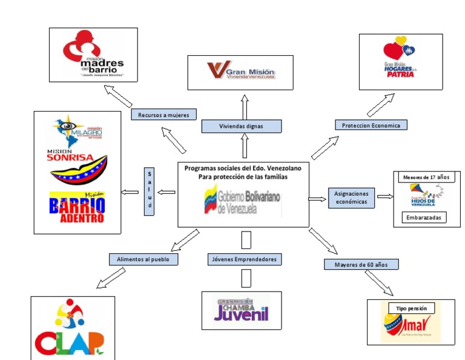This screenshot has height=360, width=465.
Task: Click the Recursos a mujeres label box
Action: (163, 115)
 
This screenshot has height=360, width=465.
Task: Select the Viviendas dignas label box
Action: (241, 126)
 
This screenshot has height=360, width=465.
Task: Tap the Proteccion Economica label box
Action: (371, 125)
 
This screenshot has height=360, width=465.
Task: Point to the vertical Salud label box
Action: (150, 191)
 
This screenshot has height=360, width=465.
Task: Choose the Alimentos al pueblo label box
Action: (143, 259)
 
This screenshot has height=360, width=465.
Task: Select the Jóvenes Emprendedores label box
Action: (244, 259)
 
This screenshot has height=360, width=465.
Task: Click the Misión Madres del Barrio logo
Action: (94, 55)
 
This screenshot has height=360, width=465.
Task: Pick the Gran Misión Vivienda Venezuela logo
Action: (242, 70)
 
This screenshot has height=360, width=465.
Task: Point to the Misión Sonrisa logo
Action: (77, 163)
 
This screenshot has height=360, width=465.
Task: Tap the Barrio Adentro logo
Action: (76, 207)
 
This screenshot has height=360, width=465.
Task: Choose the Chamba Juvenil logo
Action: (241, 310)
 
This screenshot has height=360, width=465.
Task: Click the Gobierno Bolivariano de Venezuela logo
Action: (242, 201)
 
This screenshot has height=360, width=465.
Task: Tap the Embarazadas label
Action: (423, 217)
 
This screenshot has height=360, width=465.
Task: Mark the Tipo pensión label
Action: (412, 308)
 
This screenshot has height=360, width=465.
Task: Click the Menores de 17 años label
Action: (424, 178)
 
